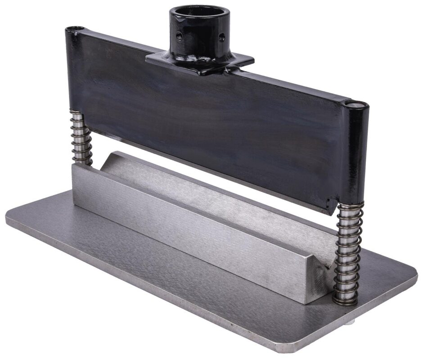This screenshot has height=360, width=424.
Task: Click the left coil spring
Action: point(81,137)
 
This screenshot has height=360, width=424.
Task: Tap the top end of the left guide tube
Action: point(75,29)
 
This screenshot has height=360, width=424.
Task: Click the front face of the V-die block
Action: point(189,234)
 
